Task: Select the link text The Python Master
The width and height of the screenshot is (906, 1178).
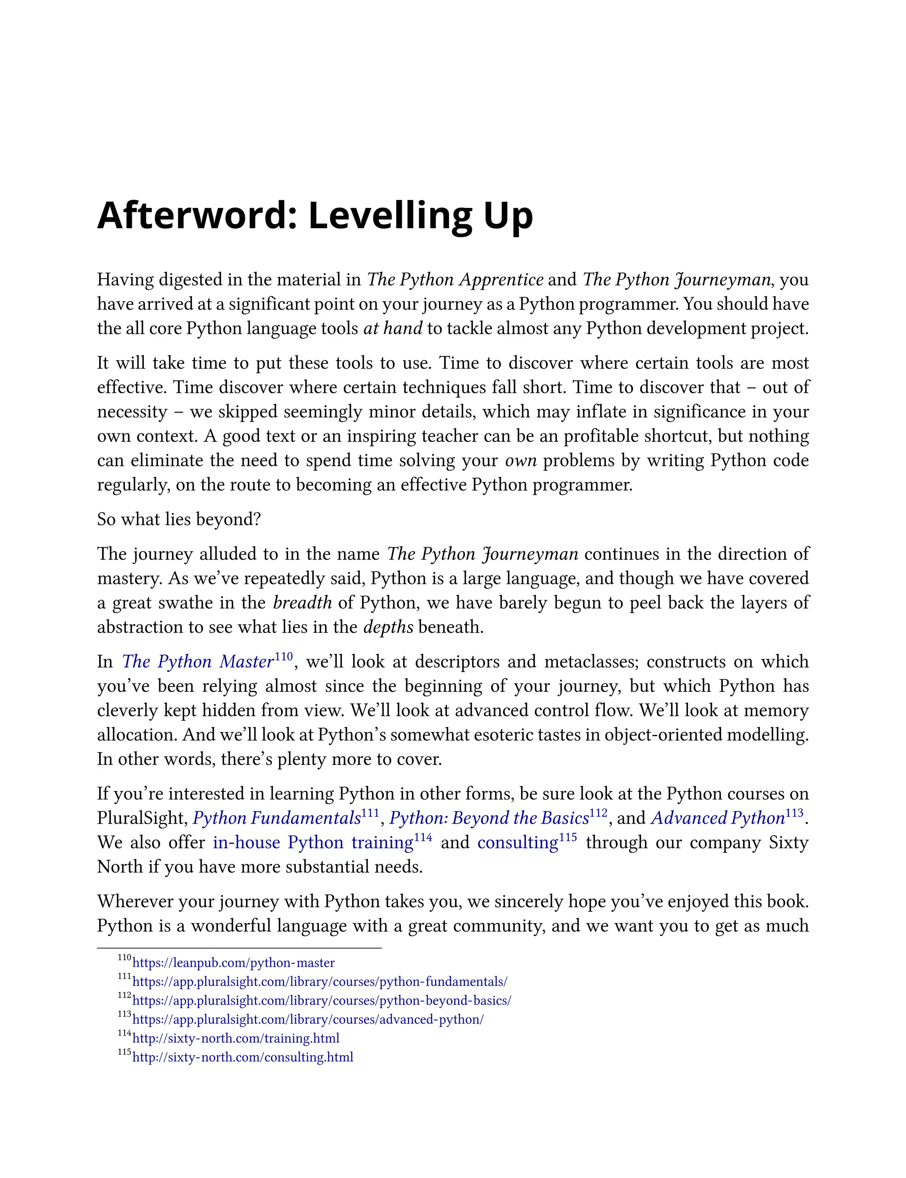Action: point(197,662)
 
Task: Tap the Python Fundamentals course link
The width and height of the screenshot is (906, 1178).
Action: point(276,818)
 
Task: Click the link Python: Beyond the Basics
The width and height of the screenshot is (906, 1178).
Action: point(488,818)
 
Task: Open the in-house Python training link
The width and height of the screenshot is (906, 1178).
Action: point(313,843)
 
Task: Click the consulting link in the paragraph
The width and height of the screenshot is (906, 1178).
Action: point(517,843)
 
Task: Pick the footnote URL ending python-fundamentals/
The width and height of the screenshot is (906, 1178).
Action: point(319,982)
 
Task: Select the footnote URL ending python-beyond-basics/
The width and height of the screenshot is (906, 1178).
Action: point(322,1001)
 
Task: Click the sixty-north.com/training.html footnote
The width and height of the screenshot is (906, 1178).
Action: point(236,1038)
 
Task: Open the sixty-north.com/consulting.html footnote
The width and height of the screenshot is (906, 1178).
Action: point(243,1057)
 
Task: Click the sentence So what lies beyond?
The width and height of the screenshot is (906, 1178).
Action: point(179,520)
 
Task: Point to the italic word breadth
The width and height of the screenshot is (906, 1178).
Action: point(302,603)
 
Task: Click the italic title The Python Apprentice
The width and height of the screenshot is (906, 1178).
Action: point(455,280)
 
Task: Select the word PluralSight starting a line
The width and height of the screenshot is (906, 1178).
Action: point(141,818)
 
